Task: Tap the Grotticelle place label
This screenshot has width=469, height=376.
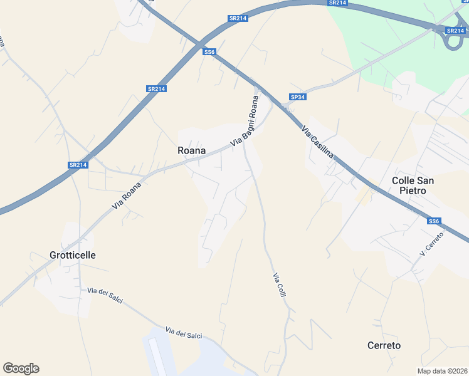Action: point(72,255)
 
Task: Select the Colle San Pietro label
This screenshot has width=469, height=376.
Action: point(413,185)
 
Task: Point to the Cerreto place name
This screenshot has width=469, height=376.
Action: point(383,345)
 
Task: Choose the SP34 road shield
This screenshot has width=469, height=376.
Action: point(297,97)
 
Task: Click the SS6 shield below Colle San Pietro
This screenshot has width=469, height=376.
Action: point(434,221)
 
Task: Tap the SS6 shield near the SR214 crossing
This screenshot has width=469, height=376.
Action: point(209,52)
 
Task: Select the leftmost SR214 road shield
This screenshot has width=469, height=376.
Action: point(78,165)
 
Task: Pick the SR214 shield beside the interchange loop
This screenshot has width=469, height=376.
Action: point(455,30)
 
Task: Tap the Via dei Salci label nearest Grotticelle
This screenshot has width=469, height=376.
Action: point(105,295)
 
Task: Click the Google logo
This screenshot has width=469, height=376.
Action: point(21,368)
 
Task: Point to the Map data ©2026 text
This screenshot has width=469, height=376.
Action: point(443,371)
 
